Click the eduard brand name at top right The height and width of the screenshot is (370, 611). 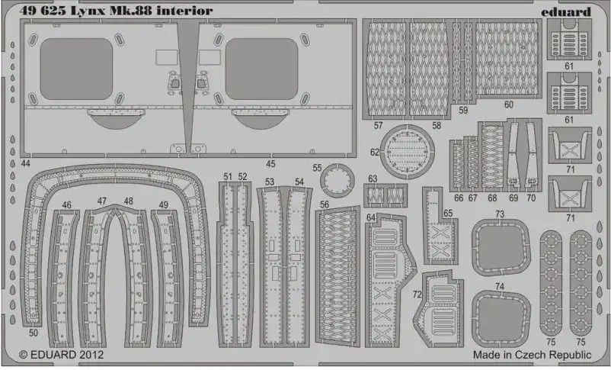coord(566,11)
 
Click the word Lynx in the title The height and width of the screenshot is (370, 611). coord(88,11)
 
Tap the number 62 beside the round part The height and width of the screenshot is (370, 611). coord(375,152)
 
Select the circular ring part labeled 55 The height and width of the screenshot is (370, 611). coord(337,181)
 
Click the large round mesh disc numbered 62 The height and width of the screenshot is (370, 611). coord(407,152)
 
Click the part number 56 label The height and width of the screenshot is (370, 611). coord(325,204)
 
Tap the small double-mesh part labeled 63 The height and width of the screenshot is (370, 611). coord(385,195)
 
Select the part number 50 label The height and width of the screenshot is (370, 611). coord(34,333)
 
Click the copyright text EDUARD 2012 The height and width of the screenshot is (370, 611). coord(62,355)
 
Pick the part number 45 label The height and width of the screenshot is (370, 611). coord(270,164)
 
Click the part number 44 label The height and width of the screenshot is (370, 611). coord(25,163)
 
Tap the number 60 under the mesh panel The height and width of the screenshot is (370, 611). coord(508,105)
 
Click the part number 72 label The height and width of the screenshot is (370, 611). coord(417,294)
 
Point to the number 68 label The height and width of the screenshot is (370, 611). coord(492,198)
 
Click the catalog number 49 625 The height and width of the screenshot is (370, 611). coord(43,11)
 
